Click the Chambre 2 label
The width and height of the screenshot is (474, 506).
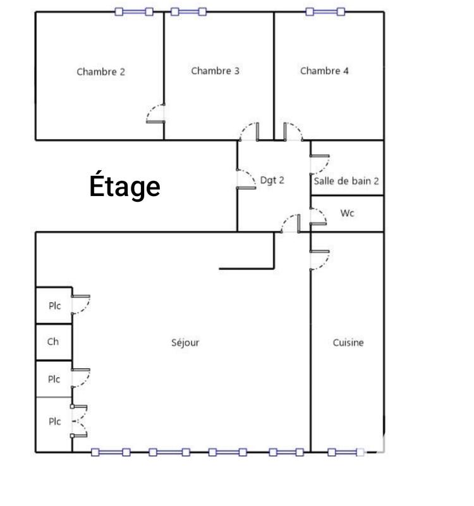coord(100,71)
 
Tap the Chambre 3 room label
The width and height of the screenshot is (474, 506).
coord(215,71)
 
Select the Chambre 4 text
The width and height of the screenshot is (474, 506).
coord(324,71)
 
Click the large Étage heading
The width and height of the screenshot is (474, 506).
coord(125,187)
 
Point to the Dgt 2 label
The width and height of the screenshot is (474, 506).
coord(272,180)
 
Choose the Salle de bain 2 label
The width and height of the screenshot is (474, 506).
coord(346,181)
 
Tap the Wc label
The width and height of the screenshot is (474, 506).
coord(347,213)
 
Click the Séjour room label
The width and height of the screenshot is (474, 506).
coord(185,343)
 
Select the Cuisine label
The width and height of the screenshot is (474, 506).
coord(348,343)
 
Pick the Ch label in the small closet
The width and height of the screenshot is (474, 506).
coord(53,342)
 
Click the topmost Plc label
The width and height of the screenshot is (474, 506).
coord(54,305)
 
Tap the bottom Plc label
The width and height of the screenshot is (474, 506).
coord(54,421)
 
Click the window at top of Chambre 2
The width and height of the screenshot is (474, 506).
coord(134,11)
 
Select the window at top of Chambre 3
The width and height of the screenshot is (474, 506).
coord(188,11)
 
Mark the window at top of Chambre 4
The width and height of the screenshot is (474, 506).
coord(325,11)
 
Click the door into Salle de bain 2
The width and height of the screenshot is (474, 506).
coord(319,164)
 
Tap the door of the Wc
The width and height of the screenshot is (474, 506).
coord(319,216)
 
